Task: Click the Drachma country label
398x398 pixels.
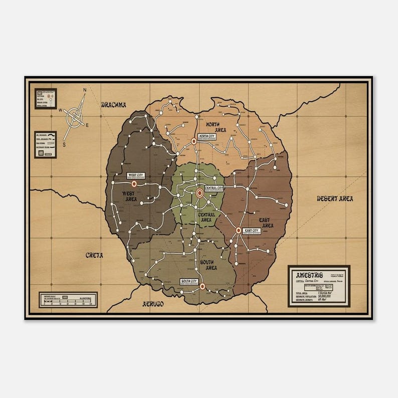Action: point(113,105)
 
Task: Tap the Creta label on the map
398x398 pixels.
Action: point(94,255)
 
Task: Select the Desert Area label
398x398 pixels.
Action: point(335,198)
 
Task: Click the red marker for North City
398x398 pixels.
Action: point(194,141)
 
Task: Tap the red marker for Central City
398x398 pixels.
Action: point(199,192)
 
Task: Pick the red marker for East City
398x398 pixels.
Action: point(239,230)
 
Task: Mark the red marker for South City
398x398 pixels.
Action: point(202,286)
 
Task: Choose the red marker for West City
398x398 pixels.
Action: point(134,184)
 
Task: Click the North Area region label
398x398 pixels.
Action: point(217,126)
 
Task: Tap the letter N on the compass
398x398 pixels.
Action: point(85,91)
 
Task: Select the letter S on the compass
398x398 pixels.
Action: point(64,144)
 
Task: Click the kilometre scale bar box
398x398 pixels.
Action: point(68,300)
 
